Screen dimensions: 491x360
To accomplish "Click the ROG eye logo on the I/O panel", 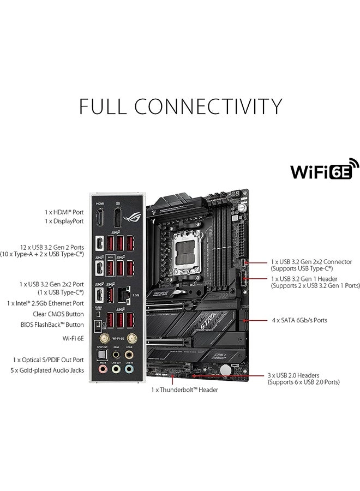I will tap(133, 217).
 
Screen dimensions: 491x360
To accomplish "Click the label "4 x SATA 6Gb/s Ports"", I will tap(299, 320).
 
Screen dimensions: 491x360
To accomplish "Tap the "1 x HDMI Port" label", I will tap(64, 211).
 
